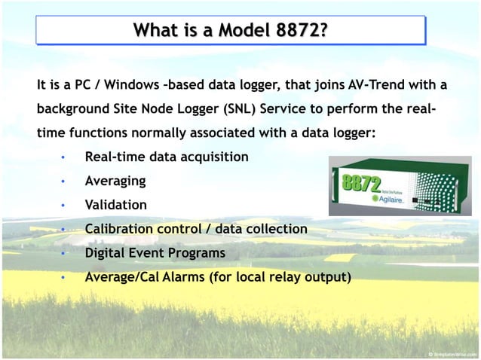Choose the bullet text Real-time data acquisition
[167, 157]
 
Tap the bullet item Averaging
[115, 181]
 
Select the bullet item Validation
[116, 205]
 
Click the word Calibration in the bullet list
[120, 228]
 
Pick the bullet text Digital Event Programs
[155, 252]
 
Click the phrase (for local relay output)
[280, 276]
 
